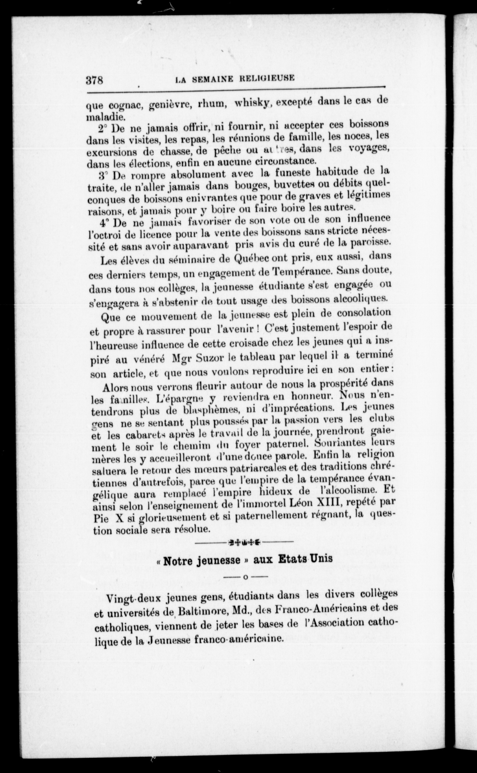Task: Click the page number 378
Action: pyautogui.click(x=95, y=80)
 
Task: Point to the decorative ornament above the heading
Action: pyautogui.click(x=245, y=542)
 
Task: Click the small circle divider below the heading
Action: pyautogui.click(x=245, y=577)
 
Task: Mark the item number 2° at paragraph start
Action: pyautogui.click(x=102, y=129)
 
